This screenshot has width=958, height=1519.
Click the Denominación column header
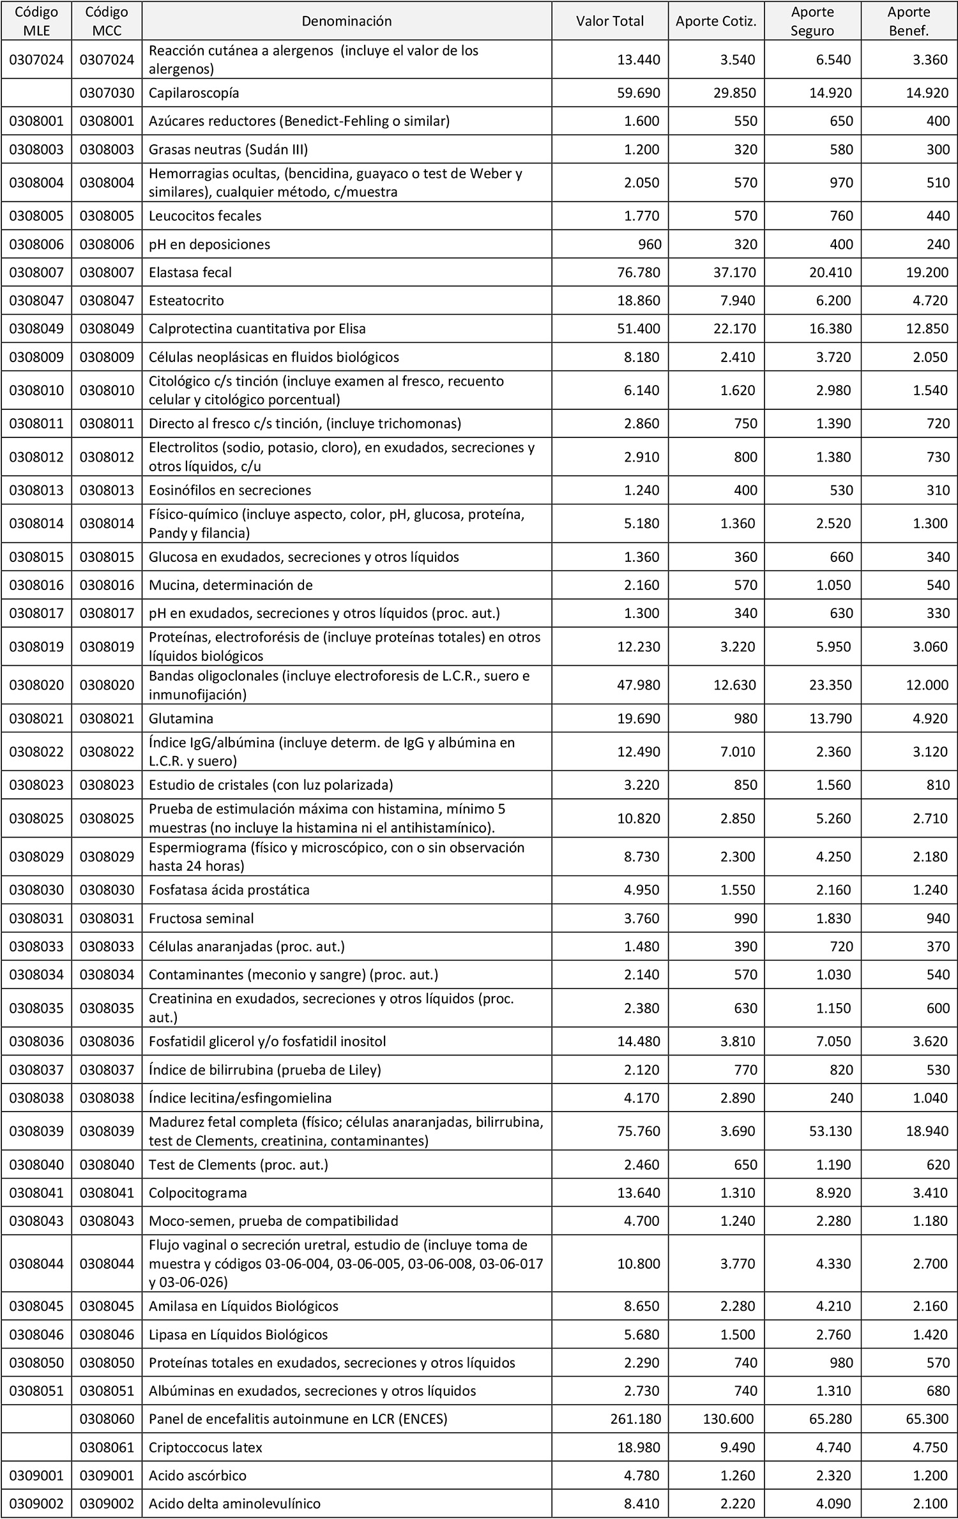tap(346, 21)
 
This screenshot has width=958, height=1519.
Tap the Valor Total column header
tap(610, 21)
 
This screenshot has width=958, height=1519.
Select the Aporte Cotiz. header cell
tap(716, 21)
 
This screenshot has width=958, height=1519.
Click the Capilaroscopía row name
tap(194, 93)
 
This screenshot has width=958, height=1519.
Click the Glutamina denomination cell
tap(181, 718)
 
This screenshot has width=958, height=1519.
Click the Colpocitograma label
tap(197, 1193)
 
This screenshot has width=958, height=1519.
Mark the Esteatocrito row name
tap(186, 301)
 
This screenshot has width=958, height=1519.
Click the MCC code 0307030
tap(107, 93)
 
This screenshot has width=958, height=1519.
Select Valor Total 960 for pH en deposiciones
tap(648, 245)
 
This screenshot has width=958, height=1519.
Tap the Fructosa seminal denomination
tap(201, 918)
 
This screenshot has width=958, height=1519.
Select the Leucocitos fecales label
tap(205, 216)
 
